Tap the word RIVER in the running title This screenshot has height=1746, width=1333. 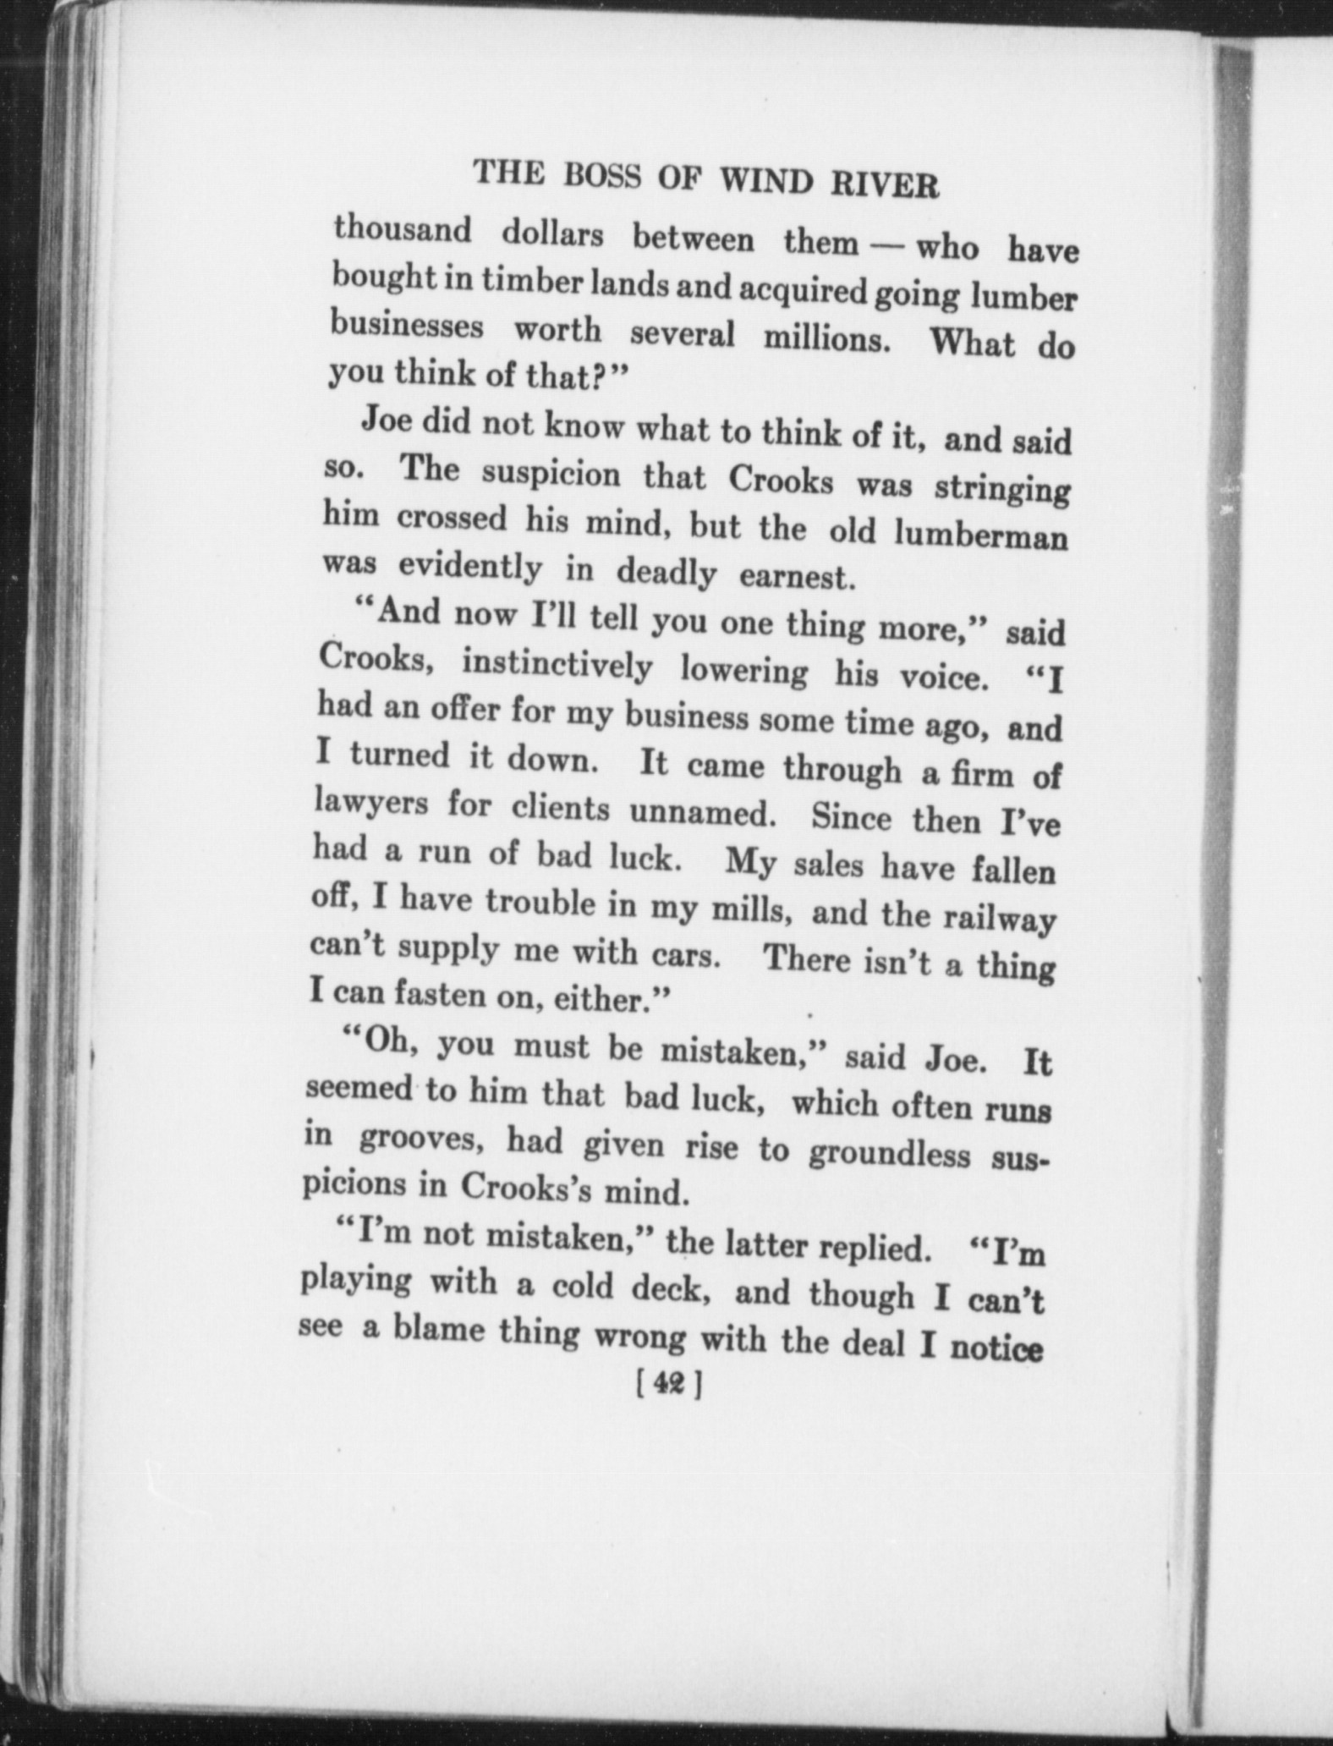point(891,185)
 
